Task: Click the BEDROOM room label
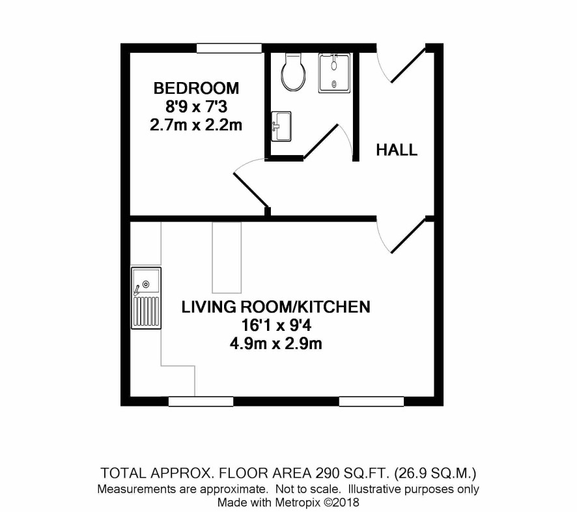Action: click(196, 89)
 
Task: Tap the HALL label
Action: click(397, 150)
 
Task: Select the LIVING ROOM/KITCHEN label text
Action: click(276, 307)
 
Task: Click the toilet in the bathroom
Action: click(293, 72)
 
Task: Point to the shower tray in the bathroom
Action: click(335, 72)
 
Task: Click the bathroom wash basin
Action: click(281, 126)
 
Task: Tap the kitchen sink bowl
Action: click(147, 281)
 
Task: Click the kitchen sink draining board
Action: click(146, 311)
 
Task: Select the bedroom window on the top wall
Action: click(229, 48)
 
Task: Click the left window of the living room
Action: click(201, 401)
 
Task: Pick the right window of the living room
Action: click(371, 401)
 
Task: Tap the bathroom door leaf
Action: click(320, 141)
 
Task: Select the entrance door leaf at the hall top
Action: click(408, 64)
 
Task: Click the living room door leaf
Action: click(408, 236)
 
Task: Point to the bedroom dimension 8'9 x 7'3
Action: click(196, 107)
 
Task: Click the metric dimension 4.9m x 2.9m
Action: click(276, 344)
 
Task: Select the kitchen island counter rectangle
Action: click(227, 257)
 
